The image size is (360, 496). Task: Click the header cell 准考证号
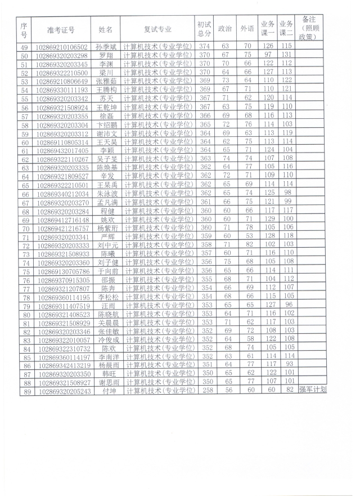61,29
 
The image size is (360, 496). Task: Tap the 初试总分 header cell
204,29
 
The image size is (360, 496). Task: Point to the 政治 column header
225,29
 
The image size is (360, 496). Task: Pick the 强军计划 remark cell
312,405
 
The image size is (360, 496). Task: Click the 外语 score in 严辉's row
247,236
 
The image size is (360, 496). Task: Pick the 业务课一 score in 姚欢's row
268,219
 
